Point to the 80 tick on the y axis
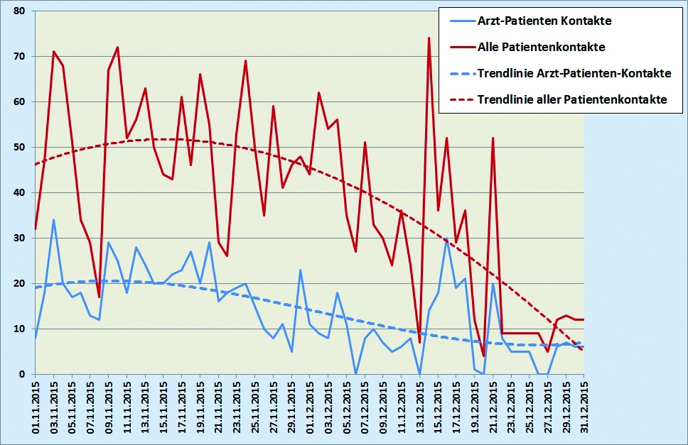click(x=18, y=11)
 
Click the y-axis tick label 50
click(x=18, y=148)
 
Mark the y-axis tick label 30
click(x=18, y=238)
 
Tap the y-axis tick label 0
click(x=21, y=374)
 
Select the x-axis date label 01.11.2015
click(x=36, y=407)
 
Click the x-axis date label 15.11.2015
click(x=163, y=407)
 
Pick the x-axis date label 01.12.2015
click(x=310, y=407)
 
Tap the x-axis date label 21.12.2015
click(x=493, y=407)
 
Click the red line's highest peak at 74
click(x=429, y=38)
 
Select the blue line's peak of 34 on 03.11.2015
click(x=53, y=220)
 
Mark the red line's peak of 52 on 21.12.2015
click(x=493, y=138)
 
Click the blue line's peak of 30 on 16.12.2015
click(x=447, y=238)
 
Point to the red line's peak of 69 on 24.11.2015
click(x=246, y=61)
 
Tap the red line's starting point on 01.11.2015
click(x=36, y=229)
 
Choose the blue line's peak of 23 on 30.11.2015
click(x=301, y=270)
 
